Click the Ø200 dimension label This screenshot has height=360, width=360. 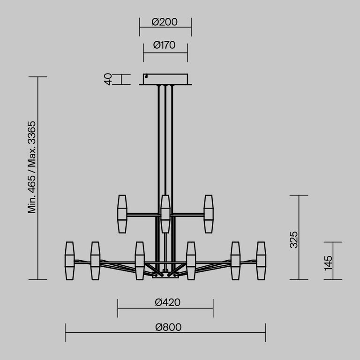click(165, 21)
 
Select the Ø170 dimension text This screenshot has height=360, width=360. click(165, 45)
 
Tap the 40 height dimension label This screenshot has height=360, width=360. click(108, 79)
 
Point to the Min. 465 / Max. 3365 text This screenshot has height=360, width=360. click(32, 167)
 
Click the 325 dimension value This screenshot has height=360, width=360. click(294, 239)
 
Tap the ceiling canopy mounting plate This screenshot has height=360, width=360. click(165, 79)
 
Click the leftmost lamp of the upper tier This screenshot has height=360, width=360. click(122, 214)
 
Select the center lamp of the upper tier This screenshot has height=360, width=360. click(165, 214)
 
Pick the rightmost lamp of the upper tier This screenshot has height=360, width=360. click(208, 214)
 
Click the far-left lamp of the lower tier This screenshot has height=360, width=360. click(70, 261)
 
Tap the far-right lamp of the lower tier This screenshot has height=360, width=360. click(261, 261)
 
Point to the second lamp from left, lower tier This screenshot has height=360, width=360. click(95, 261)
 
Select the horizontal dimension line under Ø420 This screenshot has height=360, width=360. click(141, 308)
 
